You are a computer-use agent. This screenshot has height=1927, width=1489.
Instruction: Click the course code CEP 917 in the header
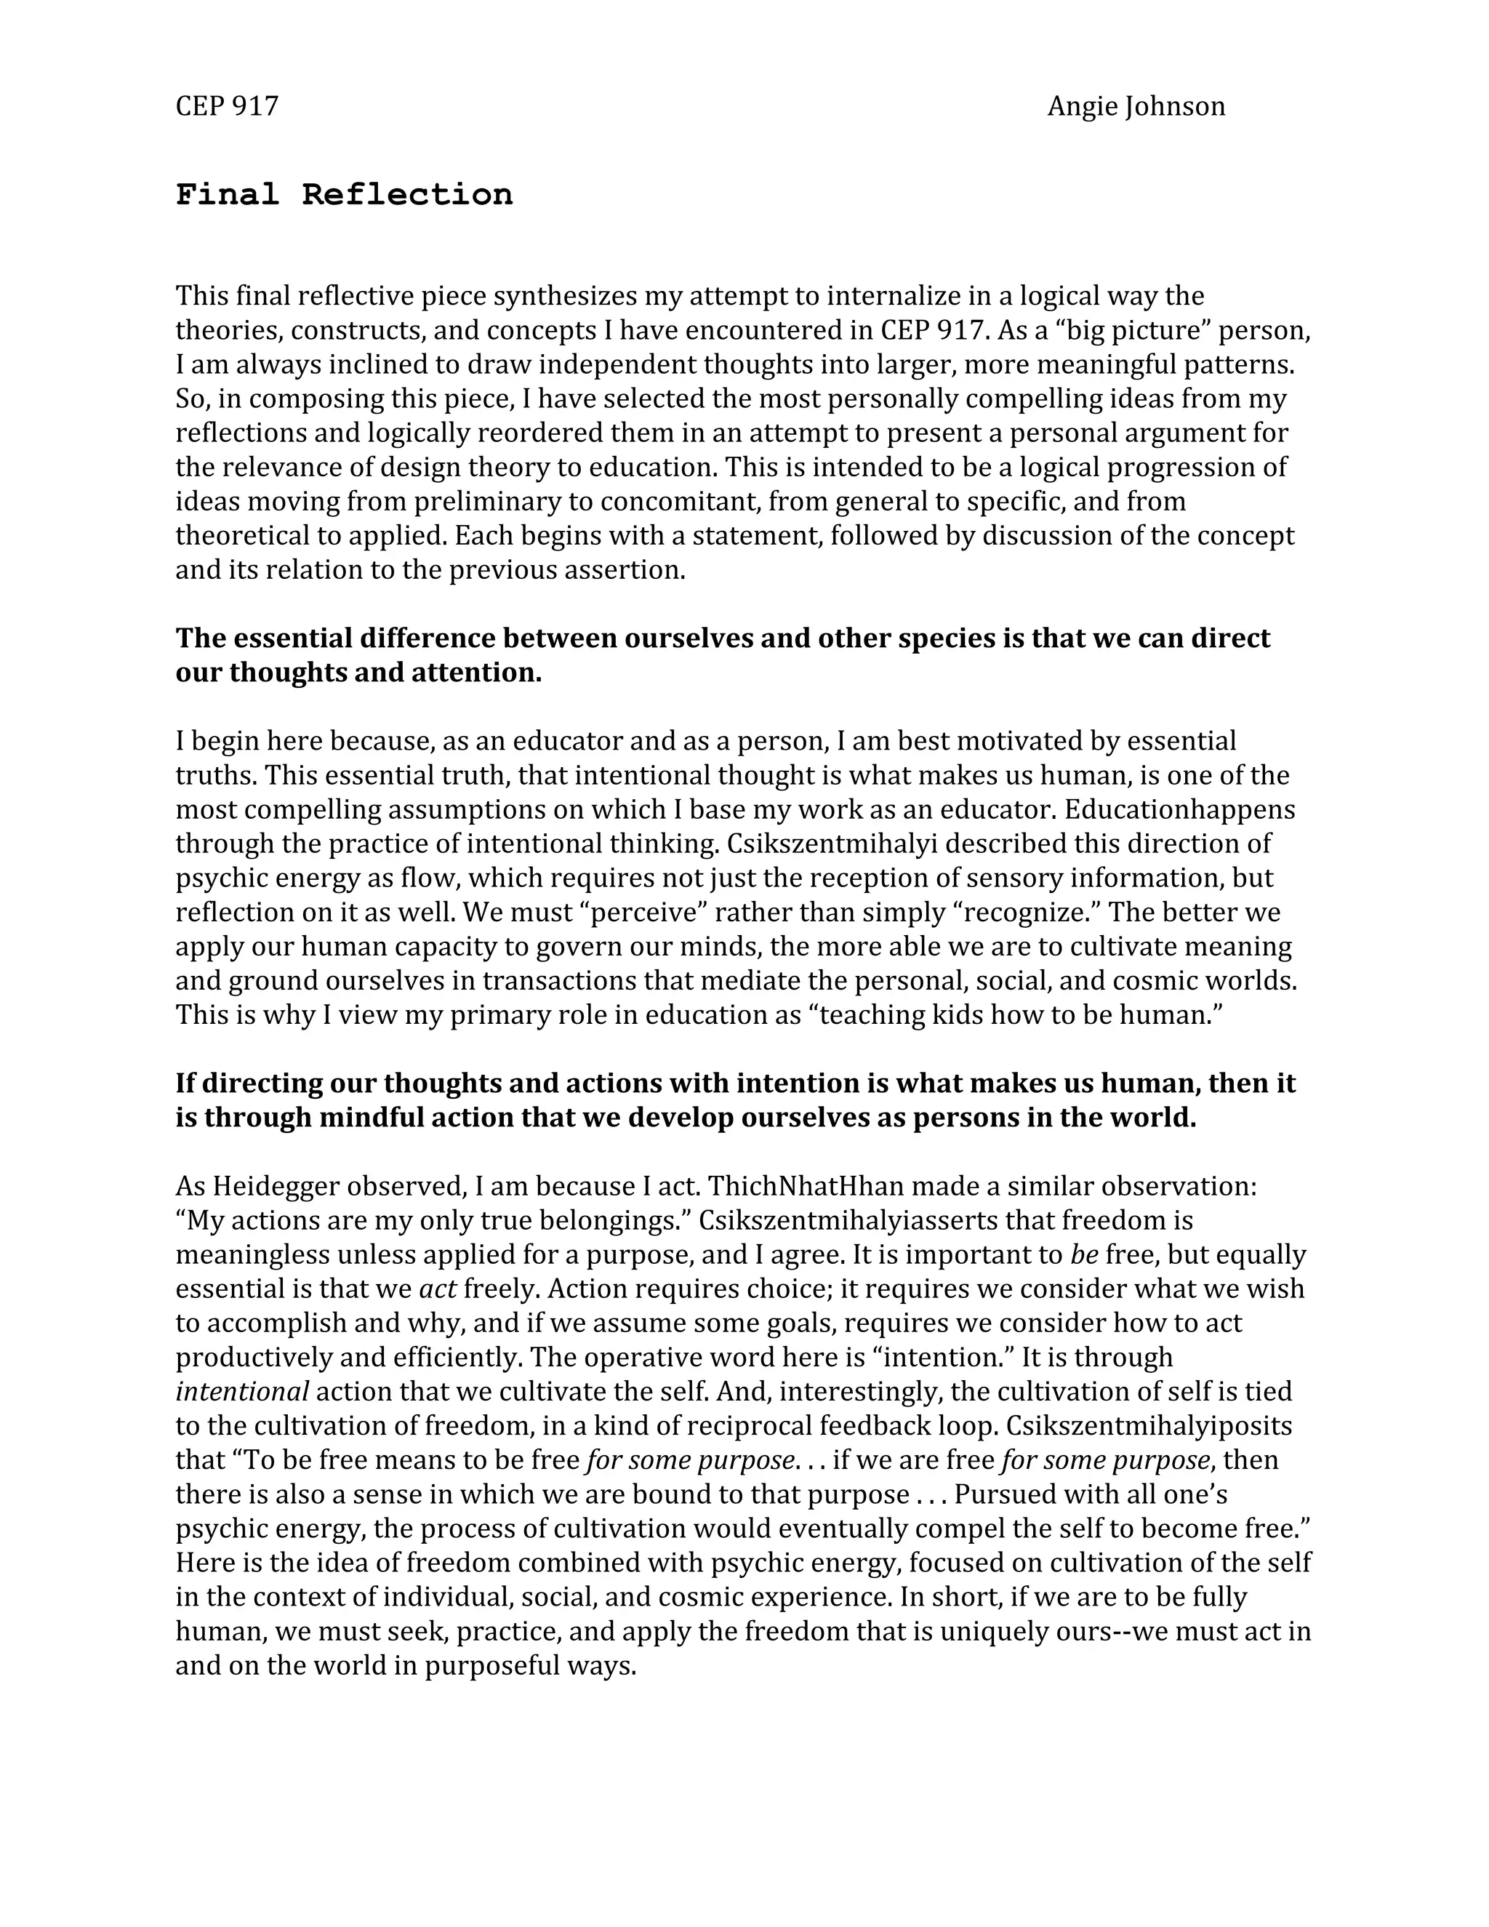click(x=227, y=107)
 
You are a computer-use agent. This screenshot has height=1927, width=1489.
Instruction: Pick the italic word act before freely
click(x=438, y=1289)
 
